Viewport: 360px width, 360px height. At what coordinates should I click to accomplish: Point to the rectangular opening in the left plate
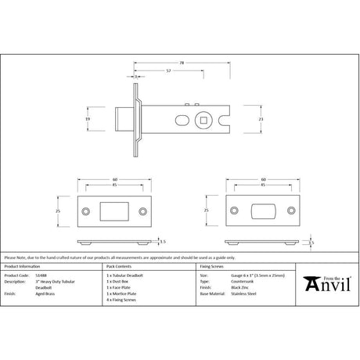(113, 211)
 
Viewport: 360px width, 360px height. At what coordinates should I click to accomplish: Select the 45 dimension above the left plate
(114, 185)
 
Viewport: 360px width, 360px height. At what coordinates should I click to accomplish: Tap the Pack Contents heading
(118, 268)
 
